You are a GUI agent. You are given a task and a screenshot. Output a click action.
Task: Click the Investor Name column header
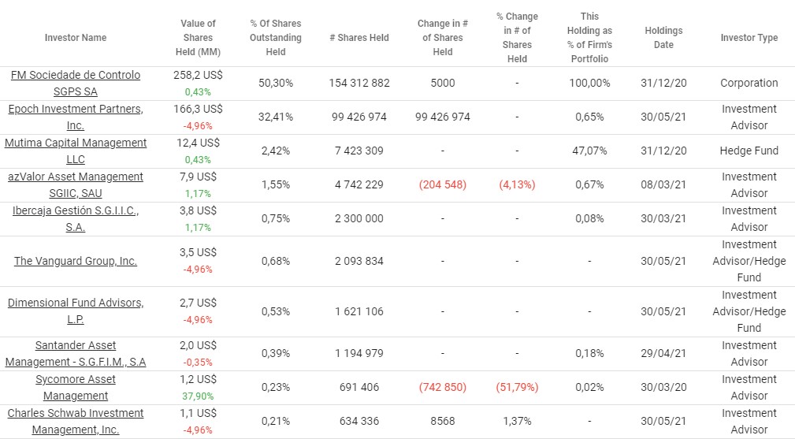[76, 38]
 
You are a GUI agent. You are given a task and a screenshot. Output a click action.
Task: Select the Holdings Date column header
[663, 38]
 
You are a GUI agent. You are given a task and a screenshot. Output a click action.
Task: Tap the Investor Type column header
[749, 38]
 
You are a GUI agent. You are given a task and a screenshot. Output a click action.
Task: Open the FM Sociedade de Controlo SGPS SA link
[76, 83]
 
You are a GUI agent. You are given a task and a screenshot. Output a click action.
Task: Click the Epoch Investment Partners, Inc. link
[76, 117]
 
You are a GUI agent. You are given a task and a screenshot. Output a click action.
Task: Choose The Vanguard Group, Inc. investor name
[76, 261]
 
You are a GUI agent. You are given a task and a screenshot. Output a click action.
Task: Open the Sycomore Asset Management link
[76, 387]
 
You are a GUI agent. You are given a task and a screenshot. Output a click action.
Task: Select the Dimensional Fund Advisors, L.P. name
[76, 311]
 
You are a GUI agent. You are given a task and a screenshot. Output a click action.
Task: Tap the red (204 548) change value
[443, 184]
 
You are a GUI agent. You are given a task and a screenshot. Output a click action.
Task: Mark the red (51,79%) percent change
[517, 387]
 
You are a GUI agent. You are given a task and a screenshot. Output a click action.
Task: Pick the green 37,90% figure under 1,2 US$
[197, 396]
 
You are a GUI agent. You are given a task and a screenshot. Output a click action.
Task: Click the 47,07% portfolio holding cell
[589, 151]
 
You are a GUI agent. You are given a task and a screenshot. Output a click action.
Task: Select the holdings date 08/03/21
[663, 184]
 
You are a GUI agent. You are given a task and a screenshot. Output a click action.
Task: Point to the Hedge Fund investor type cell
[749, 151]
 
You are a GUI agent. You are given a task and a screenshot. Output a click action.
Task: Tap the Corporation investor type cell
[749, 83]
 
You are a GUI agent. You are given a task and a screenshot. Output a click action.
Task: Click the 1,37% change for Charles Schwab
[517, 421]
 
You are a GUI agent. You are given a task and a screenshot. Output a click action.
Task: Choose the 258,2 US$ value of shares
[197, 75]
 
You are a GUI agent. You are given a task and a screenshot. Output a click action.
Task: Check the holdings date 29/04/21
[663, 353]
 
